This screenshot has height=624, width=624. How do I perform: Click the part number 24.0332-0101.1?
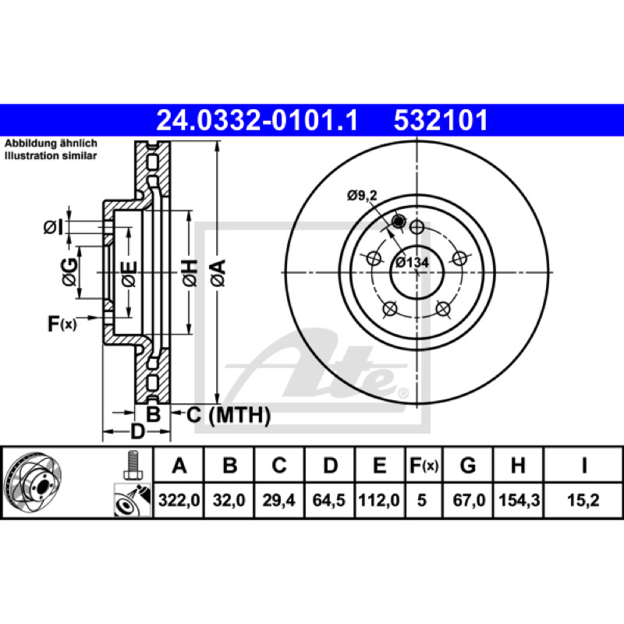[x=257, y=120]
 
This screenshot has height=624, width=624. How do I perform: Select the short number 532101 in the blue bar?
[x=441, y=120]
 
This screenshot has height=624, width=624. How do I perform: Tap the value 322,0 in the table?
[x=179, y=500]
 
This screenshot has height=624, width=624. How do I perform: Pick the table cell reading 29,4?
[x=278, y=500]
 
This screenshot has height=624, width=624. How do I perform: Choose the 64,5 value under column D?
[x=328, y=500]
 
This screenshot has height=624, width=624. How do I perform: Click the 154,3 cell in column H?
[x=519, y=500]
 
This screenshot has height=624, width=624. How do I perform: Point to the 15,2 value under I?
[x=583, y=500]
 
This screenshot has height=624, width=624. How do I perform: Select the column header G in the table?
[x=468, y=465]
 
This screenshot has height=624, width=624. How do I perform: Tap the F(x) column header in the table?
[x=424, y=465]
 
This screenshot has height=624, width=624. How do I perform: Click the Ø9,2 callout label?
[x=362, y=196]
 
